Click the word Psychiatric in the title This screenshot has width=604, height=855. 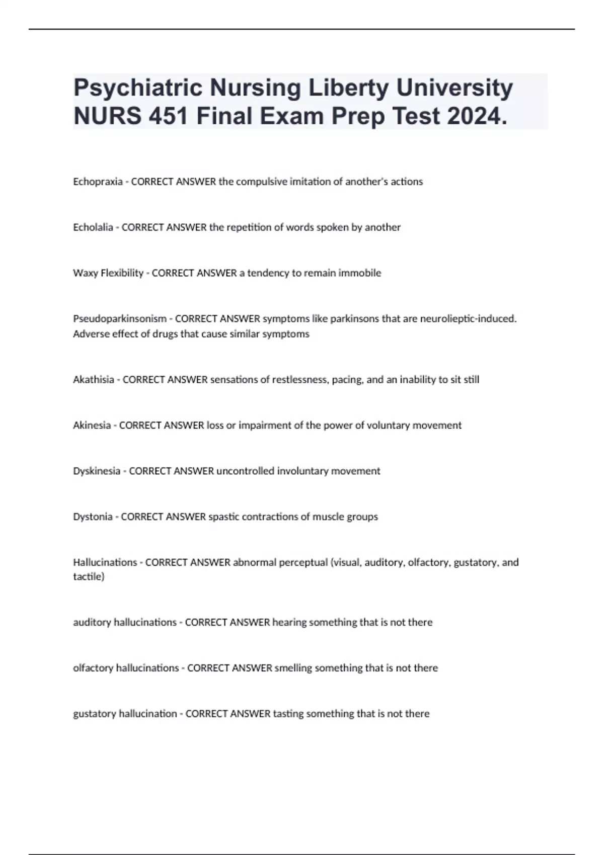click(x=138, y=89)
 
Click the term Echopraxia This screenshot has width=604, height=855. click(x=98, y=182)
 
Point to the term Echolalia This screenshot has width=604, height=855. click(x=93, y=227)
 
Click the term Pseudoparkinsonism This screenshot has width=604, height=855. click(x=120, y=319)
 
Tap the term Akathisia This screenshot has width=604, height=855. click(x=94, y=380)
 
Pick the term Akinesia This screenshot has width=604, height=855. click(x=92, y=425)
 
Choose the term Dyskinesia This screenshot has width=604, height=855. click(x=97, y=471)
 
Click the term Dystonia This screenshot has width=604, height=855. click(x=93, y=517)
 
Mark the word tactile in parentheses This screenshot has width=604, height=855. click(x=88, y=577)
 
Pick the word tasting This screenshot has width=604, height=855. click(x=288, y=714)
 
